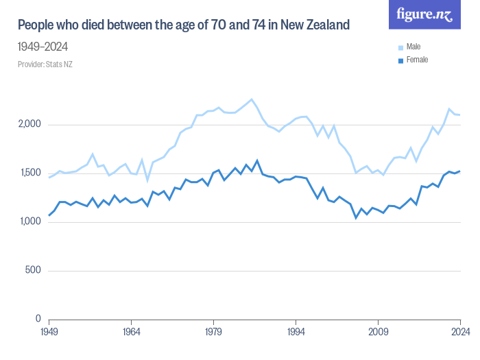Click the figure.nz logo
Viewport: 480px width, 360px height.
coord(424,14)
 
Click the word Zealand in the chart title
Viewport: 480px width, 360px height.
coord(324,25)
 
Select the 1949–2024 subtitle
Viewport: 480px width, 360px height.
coord(43,47)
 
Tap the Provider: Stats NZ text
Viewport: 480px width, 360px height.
coord(45,64)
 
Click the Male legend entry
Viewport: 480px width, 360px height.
coord(413,47)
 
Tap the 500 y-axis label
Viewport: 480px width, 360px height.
coord(34,271)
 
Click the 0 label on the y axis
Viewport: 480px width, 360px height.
coord(39,320)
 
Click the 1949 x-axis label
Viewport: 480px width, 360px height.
coord(49,331)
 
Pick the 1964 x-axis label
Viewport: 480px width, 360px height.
coord(132,331)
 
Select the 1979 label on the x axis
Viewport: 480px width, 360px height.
coord(213,331)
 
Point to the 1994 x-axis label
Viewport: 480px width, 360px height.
coord(296,331)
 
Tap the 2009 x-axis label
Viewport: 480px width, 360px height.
coord(378,331)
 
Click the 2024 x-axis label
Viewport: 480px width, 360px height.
coord(459,331)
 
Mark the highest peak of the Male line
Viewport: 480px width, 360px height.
coord(252,99)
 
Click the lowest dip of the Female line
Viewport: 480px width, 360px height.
coord(356,218)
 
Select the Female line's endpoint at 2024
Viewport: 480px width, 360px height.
coord(459,171)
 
